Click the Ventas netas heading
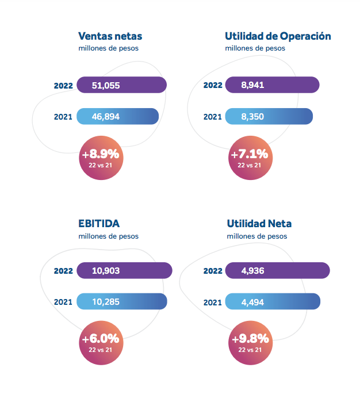(110, 36)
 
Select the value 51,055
(106, 85)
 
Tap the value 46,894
(106, 117)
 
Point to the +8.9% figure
(100, 154)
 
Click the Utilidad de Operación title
(278, 36)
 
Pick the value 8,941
(253, 85)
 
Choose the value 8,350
(253, 117)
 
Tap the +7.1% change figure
(249, 154)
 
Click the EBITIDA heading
(99, 223)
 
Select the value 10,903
(106, 270)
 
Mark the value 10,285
(106, 301)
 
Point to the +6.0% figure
(100, 339)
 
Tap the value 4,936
(253, 270)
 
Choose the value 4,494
(253, 301)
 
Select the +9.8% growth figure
(250, 339)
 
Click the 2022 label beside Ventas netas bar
(63, 86)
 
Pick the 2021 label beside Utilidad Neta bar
(213, 301)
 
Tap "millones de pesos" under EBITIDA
(108, 236)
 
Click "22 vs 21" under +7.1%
(249, 166)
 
